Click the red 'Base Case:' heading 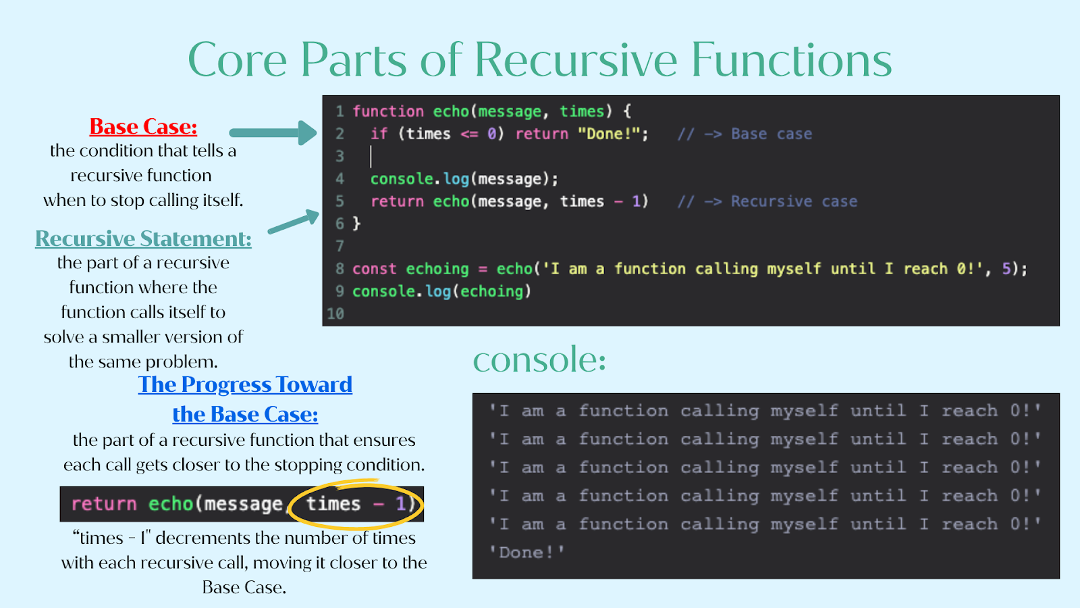[143, 127]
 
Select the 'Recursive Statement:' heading [143, 238]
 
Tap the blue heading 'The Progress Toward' [245, 384]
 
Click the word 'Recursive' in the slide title [576, 60]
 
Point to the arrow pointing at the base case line [273, 132]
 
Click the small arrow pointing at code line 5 [294, 221]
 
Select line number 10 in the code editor [335, 313]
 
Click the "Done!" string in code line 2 [612, 134]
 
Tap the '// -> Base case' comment [745, 134]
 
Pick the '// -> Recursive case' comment [767, 201]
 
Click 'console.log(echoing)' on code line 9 [441, 291]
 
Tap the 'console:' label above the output [539, 359]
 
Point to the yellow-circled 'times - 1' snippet [356, 504]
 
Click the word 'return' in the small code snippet [104, 504]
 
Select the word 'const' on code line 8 [374, 269]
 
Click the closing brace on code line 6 [356, 224]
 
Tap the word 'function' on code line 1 [387, 111]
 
